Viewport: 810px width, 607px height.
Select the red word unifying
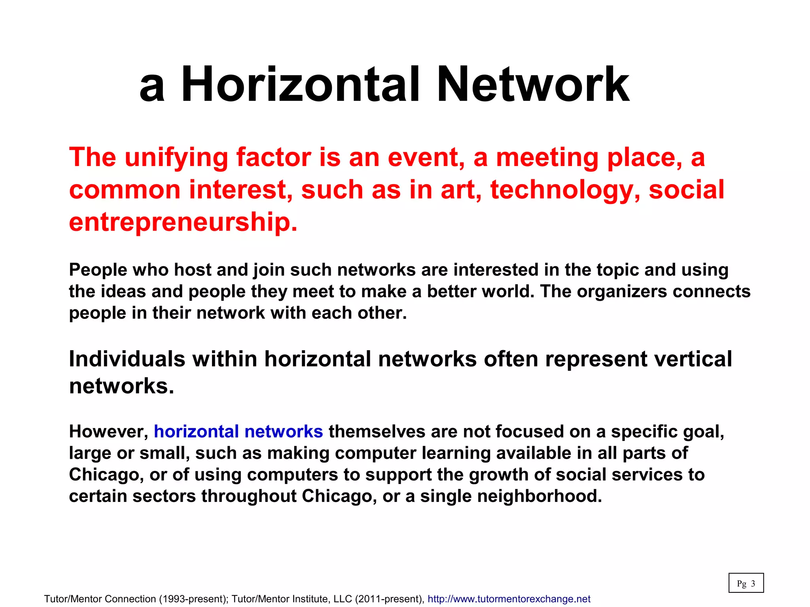pyautogui.click(x=176, y=158)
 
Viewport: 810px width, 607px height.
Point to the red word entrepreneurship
pyautogui.click(x=183, y=222)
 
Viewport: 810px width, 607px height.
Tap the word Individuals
pyautogui.click(x=127, y=359)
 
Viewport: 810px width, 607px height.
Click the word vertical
pyautogui.click(x=693, y=359)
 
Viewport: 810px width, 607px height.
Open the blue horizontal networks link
pyautogui.click(x=238, y=432)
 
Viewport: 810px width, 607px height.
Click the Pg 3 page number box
pyautogui.click(x=746, y=583)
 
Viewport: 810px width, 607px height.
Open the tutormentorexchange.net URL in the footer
pyautogui.click(x=509, y=599)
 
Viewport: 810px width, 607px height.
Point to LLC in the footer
pyautogui.click(x=343, y=599)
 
